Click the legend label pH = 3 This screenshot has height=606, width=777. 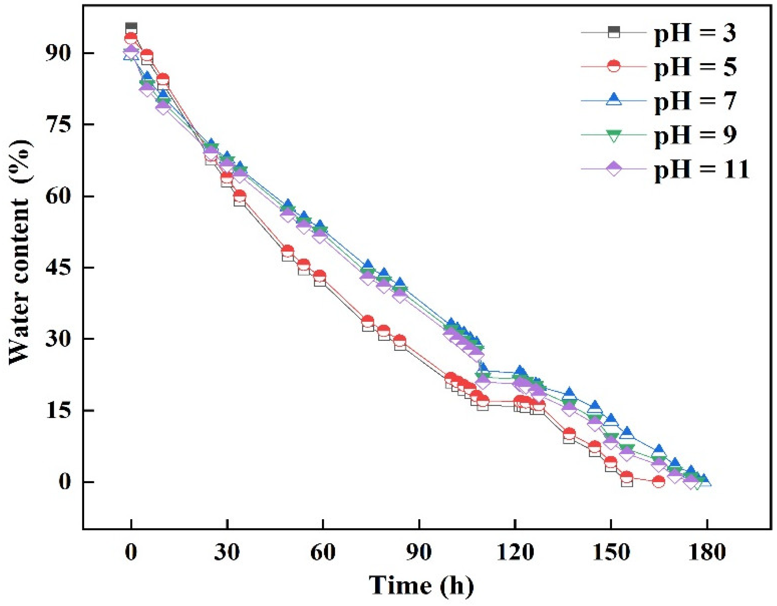tap(695, 33)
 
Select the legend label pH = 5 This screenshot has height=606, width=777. tap(695, 67)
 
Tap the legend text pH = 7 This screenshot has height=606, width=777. tap(695, 101)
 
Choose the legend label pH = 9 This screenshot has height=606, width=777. tap(695, 135)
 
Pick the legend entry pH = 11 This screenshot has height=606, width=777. tap(701, 169)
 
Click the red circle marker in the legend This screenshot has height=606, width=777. tap(613, 67)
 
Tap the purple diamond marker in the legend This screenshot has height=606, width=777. tap(613, 169)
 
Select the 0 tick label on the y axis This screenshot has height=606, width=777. tap(64, 482)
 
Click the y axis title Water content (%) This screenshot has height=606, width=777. tap(20, 252)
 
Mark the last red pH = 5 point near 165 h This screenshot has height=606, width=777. tap(659, 481)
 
